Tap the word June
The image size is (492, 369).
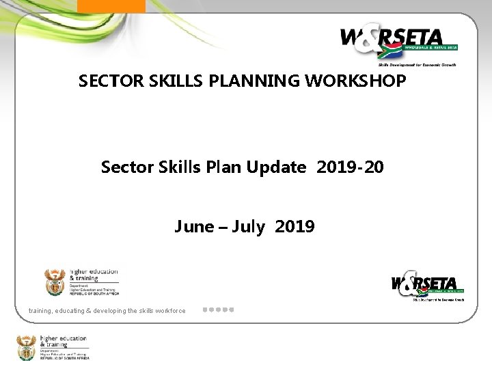[x=194, y=227]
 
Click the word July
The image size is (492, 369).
[x=248, y=227]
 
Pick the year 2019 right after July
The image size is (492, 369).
[x=295, y=227]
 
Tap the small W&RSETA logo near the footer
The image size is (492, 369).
[x=427, y=286]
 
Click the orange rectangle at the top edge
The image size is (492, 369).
[x=111, y=5]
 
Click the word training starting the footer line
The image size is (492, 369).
[x=42, y=311]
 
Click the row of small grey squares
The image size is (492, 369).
[x=219, y=310]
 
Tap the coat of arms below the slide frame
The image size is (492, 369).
[x=27, y=346]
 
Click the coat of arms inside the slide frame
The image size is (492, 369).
[x=55, y=281]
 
